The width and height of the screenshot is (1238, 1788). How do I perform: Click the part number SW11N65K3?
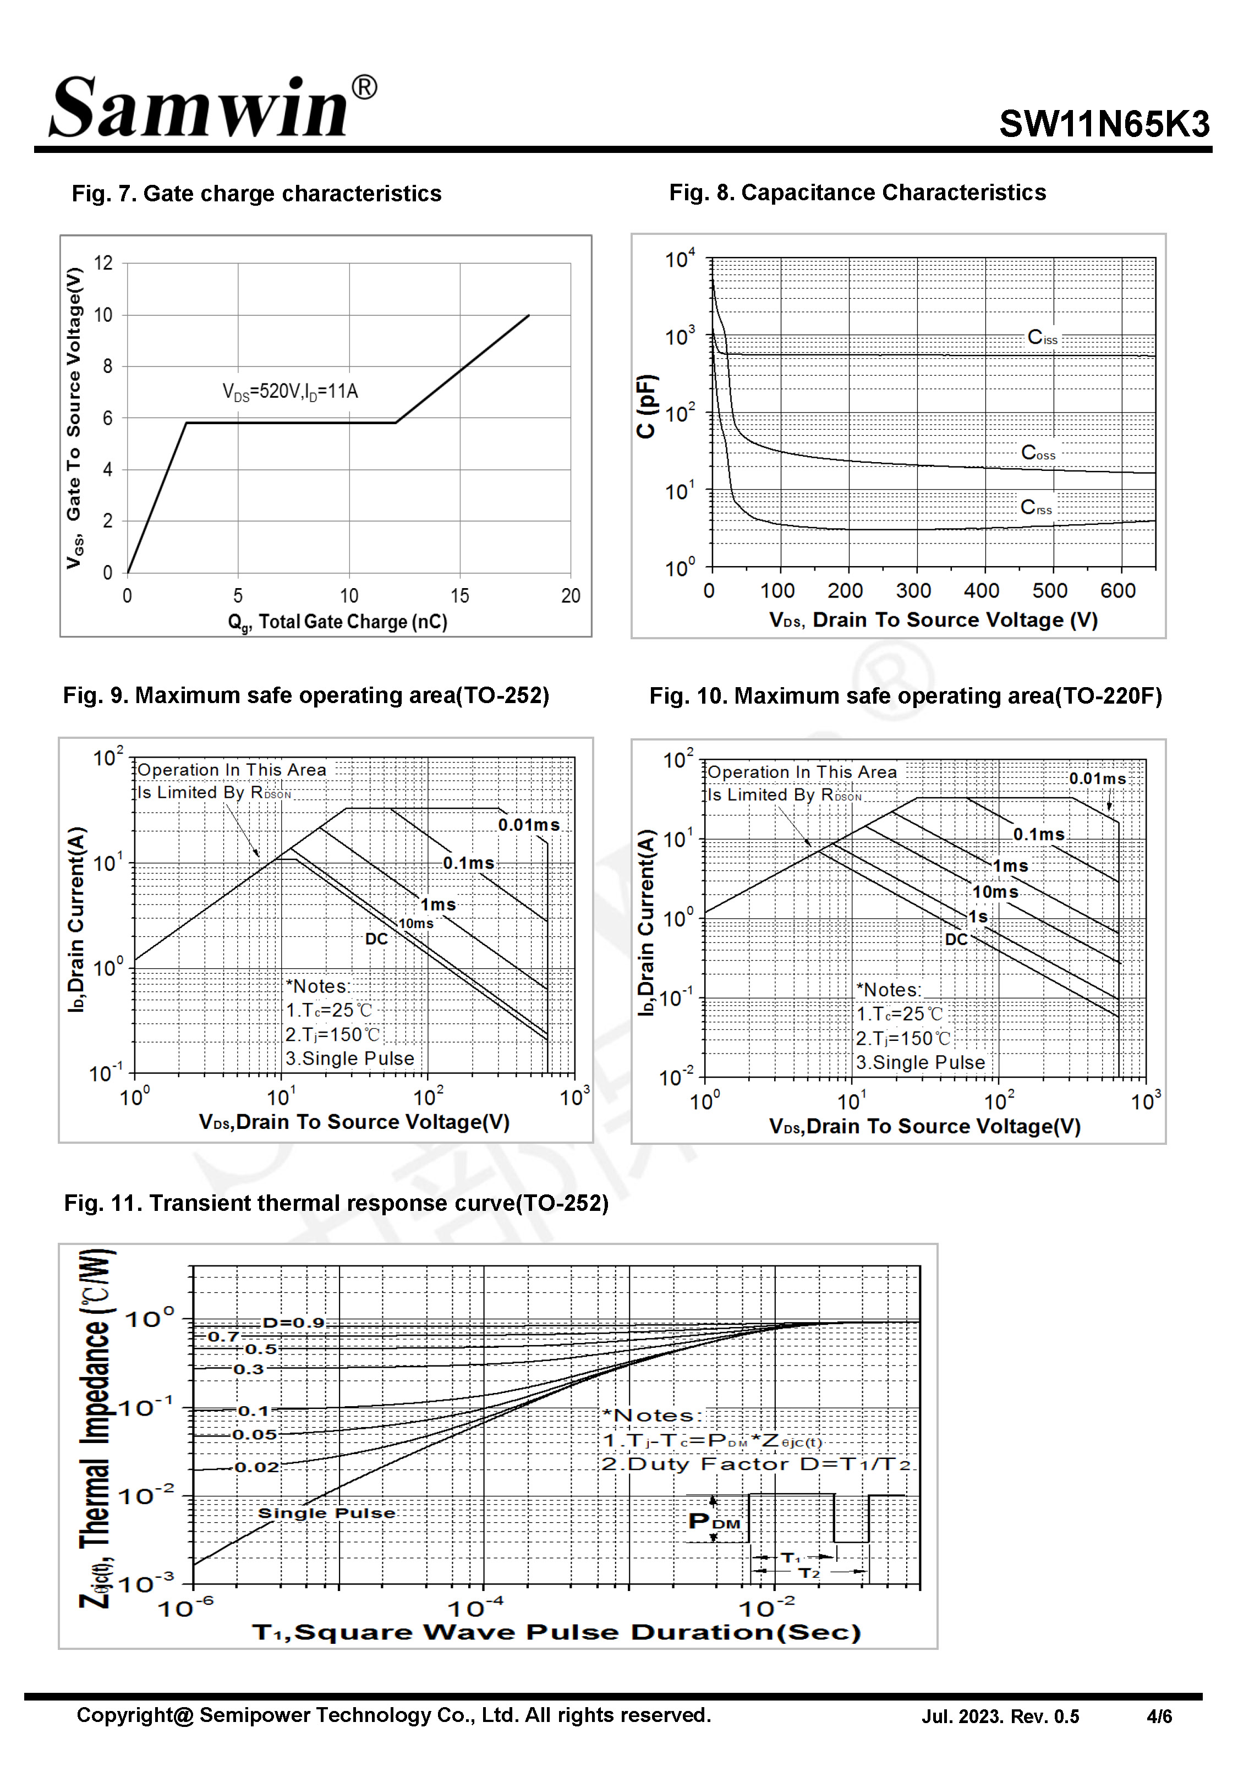[1103, 124]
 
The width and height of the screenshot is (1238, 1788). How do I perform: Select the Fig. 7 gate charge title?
[256, 193]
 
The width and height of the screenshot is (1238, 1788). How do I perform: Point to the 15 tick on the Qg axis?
[459, 595]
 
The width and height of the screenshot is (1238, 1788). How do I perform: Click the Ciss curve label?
[1042, 337]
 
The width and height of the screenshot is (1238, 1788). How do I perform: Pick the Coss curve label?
[1038, 453]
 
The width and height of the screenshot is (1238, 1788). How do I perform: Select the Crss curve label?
[1036, 507]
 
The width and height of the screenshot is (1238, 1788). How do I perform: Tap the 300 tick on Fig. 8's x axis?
[913, 591]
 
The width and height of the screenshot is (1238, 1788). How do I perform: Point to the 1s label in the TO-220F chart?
[978, 917]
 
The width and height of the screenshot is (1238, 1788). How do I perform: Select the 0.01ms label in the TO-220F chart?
[1097, 778]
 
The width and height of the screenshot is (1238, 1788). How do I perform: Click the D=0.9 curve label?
[293, 1323]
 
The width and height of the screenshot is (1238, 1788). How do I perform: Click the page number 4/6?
[1159, 1716]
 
